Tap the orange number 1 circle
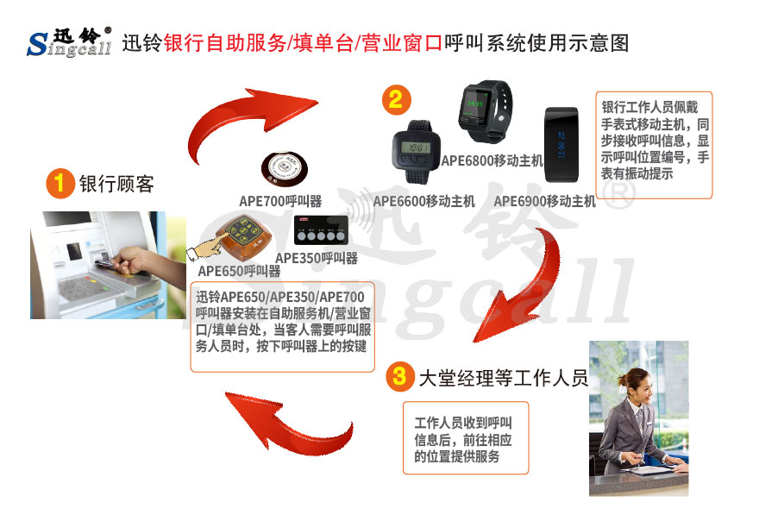60,184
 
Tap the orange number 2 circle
394,99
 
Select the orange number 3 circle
398,376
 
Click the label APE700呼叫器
280,201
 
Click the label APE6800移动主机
492,160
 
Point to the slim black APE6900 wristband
560,138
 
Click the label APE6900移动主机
544,201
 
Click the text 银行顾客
116,185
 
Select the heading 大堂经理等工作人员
503,378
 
